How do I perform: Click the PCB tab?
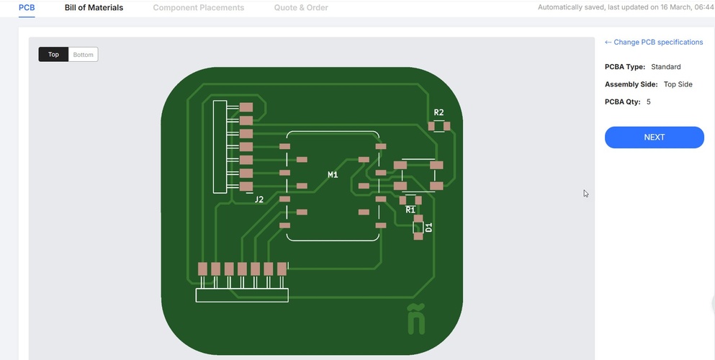(27, 8)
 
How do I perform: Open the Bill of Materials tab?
(94, 8)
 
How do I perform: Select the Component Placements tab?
(198, 8)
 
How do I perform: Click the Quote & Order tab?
(301, 8)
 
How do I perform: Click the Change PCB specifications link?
(654, 42)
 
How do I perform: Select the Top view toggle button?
(53, 55)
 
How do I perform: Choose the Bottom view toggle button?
(83, 55)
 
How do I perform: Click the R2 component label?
(439, 112)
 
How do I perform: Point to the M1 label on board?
(333, 175)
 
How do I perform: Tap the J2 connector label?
(259, 199)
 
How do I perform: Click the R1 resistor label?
(410, 210)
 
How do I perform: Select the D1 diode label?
(429, 228)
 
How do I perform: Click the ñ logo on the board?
(415, 320)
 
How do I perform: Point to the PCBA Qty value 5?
(648, 102)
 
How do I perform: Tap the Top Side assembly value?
(678, 84)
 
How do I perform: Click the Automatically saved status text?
(625, 7)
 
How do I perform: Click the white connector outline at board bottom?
(242, 295)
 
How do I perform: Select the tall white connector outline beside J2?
(220, 147)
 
